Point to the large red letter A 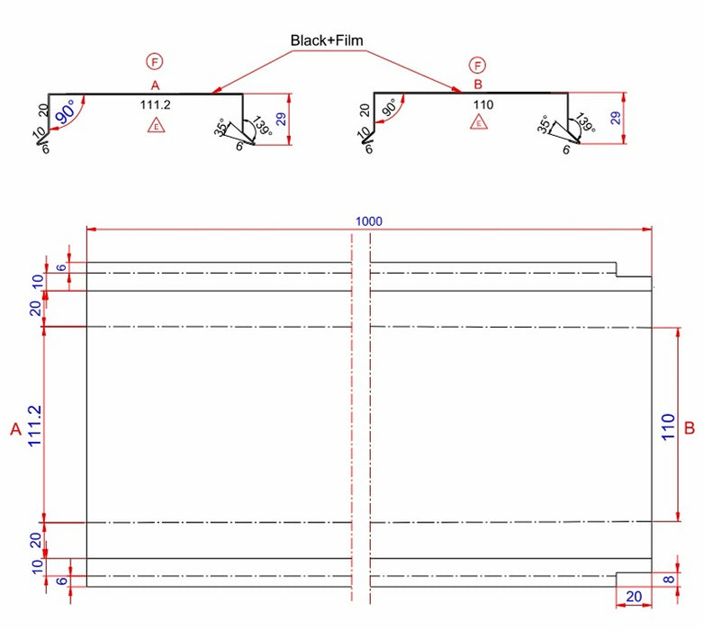[x=15, y=431]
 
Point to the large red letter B [x=690, y=428]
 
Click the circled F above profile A [x=156, y=62]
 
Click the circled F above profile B [x=477, y=65]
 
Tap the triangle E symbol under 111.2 [x=157, y=126]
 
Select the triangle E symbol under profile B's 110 [x=479, y=122]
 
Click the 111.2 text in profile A [x=155, y=105]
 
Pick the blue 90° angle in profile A [x=66, y=114]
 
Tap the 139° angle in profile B [x=586, y=124]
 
